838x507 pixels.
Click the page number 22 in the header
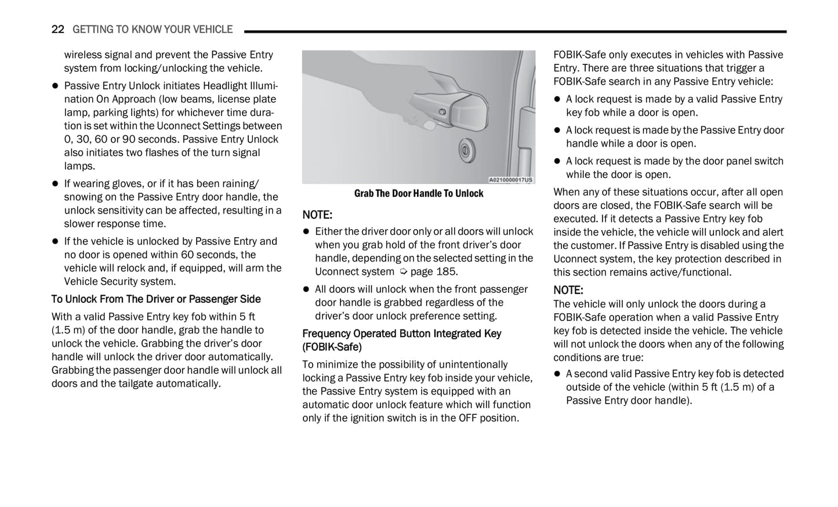(x=57, y=29)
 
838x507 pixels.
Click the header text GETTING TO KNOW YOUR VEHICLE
(x=153, y=29)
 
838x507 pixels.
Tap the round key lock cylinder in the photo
(x=465, y=150)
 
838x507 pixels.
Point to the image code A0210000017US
(x=510, y=180)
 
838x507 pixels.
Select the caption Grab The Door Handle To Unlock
(x=418, y=194)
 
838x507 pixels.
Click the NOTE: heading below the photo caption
(x=317, y=215)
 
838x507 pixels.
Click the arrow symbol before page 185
(x=404, y=272)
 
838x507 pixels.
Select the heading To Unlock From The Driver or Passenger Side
(x=156, y=299)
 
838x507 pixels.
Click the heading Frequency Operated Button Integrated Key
(x=401, y=334)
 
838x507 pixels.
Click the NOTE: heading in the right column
(x=568, y=290)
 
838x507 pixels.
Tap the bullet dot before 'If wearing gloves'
(x=56, y=184)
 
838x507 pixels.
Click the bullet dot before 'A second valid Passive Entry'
(x=557, y=374)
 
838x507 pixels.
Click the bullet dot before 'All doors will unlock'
(x=306, y=289)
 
